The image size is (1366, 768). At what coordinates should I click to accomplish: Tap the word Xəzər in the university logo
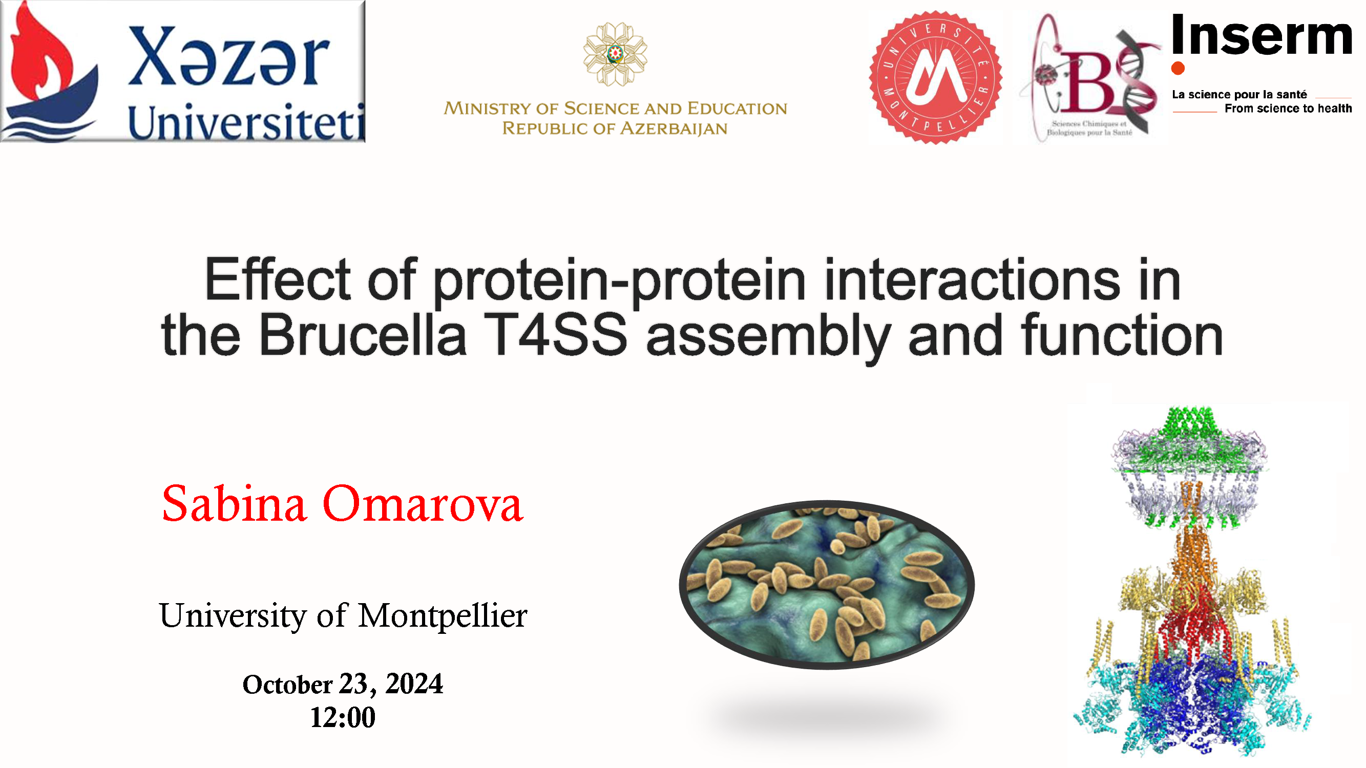click(228, 57)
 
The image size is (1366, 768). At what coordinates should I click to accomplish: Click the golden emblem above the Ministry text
click(615, 54)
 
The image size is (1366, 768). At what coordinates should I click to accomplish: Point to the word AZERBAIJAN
click(674, 129)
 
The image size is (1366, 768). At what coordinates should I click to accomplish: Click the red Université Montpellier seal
click(935, 77)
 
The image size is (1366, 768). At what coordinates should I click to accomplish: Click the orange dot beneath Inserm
click(1178, 69)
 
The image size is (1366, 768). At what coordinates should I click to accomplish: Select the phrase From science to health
click(1288, 109)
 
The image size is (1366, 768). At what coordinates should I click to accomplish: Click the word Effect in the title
click(277, 280)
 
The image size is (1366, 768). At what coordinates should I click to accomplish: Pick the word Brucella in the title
click(363, 335)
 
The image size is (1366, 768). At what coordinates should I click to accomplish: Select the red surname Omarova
click(423, 503)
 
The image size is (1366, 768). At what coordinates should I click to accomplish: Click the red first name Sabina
click(234, 503)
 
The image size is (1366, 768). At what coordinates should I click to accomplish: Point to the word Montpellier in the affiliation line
click(443, 616)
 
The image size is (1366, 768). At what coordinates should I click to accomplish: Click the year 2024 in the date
click(414, 684)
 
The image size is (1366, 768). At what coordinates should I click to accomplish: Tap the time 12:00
click(343, 718)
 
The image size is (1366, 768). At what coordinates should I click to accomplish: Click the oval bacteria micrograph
click(827, 585)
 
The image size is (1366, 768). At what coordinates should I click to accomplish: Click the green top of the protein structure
click(1189, 440)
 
